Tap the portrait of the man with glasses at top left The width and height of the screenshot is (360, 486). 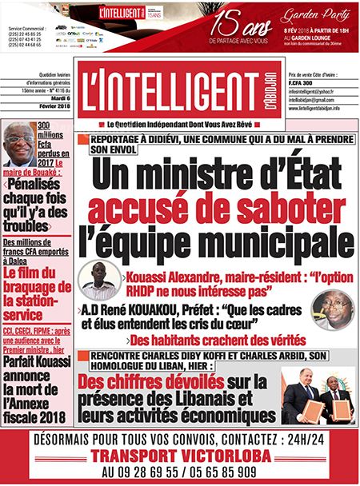coord(19,146)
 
